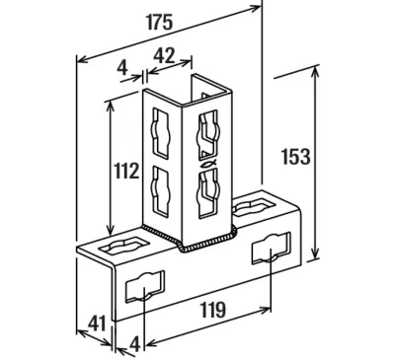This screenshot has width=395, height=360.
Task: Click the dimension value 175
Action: [159, 23]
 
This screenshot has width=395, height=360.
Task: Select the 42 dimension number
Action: [164, 55]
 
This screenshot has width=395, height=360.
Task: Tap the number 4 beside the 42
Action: [122, 68]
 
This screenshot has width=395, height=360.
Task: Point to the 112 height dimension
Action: [126, 172]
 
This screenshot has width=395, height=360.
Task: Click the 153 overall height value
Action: [296, 157]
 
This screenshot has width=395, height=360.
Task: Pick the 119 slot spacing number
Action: [213, 310]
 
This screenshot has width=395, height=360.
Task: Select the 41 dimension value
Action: [97, 324]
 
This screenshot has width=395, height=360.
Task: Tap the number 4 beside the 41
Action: [135, 345]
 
